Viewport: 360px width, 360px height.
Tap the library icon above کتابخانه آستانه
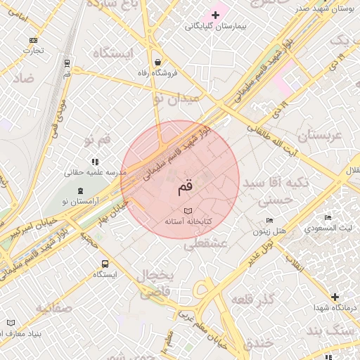[x=187, y=211]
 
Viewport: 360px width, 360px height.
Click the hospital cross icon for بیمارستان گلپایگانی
[x=215, y=15]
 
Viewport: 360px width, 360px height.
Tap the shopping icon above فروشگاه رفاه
[x=157, y=61]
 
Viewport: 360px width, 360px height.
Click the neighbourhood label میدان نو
[x=176, y=100]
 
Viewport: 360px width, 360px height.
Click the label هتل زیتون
[x=270, y=231]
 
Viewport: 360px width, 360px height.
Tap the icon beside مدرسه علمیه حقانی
[x=95, y=162]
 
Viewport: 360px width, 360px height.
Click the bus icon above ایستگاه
[x=105, y=264]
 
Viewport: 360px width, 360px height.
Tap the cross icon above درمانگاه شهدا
[x=335, y=297]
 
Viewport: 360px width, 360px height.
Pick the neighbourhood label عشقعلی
[x=205, y=244]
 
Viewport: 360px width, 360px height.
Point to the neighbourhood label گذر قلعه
[x=255, y=300]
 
